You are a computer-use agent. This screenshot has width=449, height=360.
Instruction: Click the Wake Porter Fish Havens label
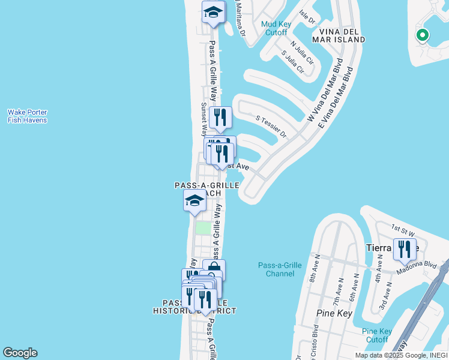(27, 116)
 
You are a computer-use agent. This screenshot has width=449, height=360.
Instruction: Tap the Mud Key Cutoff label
(276, 28)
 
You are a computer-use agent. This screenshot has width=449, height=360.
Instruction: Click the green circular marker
(422, 35)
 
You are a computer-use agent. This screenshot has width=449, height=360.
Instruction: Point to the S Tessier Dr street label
(271, 126)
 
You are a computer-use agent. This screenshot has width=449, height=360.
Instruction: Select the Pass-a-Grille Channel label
(276, 269)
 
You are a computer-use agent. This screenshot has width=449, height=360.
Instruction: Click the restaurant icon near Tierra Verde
(405, 248)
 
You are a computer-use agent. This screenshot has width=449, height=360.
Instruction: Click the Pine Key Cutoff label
(377, 335)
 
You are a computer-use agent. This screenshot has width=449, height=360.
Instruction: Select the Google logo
(20, 353)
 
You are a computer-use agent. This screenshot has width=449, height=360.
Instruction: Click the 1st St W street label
(403, 229)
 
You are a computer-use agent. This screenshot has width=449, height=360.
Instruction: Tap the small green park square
(203, 228)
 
